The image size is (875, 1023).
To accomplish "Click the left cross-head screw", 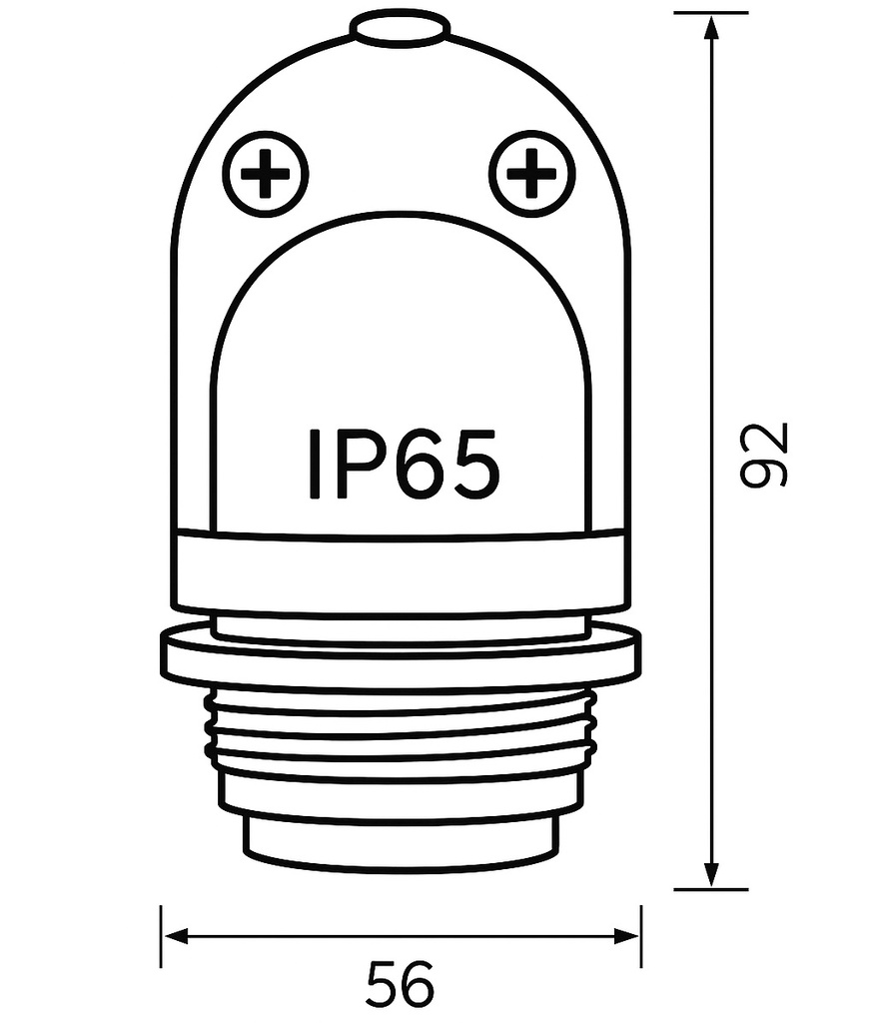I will tap(265, 176).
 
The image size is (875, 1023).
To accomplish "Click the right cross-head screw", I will tap(530, 176).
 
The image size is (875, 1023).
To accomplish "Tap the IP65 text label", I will tap(402, 464).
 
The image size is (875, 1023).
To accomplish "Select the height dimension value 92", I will tap(767, 455).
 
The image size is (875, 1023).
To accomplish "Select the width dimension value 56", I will tap(401, 985).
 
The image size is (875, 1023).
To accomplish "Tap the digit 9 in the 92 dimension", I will tap(767, 471).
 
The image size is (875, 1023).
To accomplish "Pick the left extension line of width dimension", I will tap(161, 936).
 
